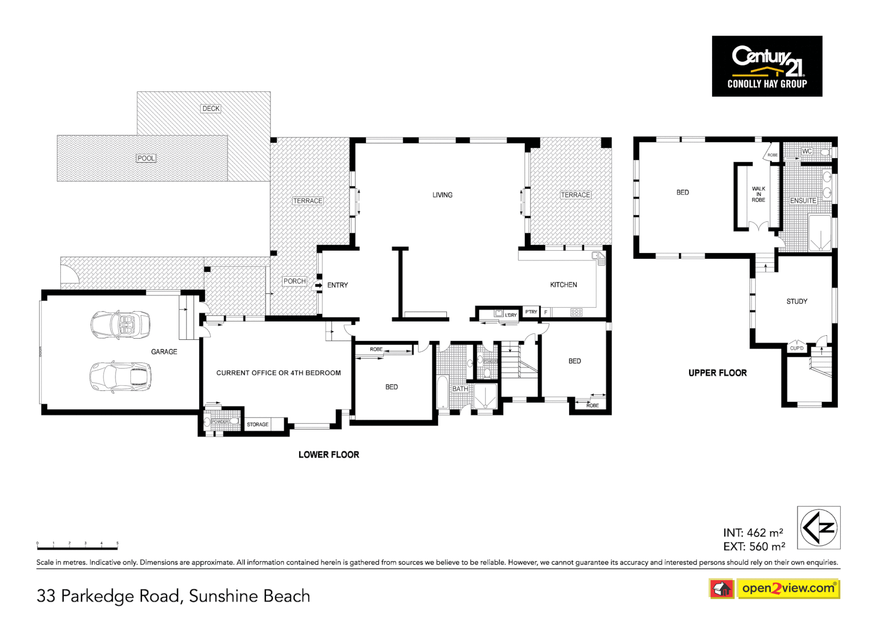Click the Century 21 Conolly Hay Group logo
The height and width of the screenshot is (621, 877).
tap(767, 66)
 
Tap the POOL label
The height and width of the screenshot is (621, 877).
tap(146, 158)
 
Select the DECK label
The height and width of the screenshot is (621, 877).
tap(211, 109)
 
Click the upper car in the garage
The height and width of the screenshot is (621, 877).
tap(121, 324)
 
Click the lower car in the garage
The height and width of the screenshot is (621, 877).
tap(121, 377)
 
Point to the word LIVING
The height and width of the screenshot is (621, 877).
tap(442, 195)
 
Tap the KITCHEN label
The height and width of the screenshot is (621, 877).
tap(563, 285)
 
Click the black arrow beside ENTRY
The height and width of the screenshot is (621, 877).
tap(318, 285)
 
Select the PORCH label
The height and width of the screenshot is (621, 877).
tap(294, 281)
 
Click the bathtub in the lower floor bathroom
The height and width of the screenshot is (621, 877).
tap(443, 392)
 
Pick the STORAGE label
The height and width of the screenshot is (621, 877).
tap(257, 424)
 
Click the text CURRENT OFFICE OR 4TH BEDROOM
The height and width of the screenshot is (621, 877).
tap(279, 373)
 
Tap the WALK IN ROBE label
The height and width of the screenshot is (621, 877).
tap(758, 194)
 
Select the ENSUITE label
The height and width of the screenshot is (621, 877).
tap(803, 201)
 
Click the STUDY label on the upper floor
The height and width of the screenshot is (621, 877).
tap(797, 301)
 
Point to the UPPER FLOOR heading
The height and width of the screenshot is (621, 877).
tap(717, 373)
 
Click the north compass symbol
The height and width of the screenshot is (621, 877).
tap(818, 527)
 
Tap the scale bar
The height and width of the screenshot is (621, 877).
tap(78, 547)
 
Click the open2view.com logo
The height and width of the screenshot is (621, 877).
tap(787, 588)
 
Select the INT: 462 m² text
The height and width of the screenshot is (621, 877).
tap(752, 532)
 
